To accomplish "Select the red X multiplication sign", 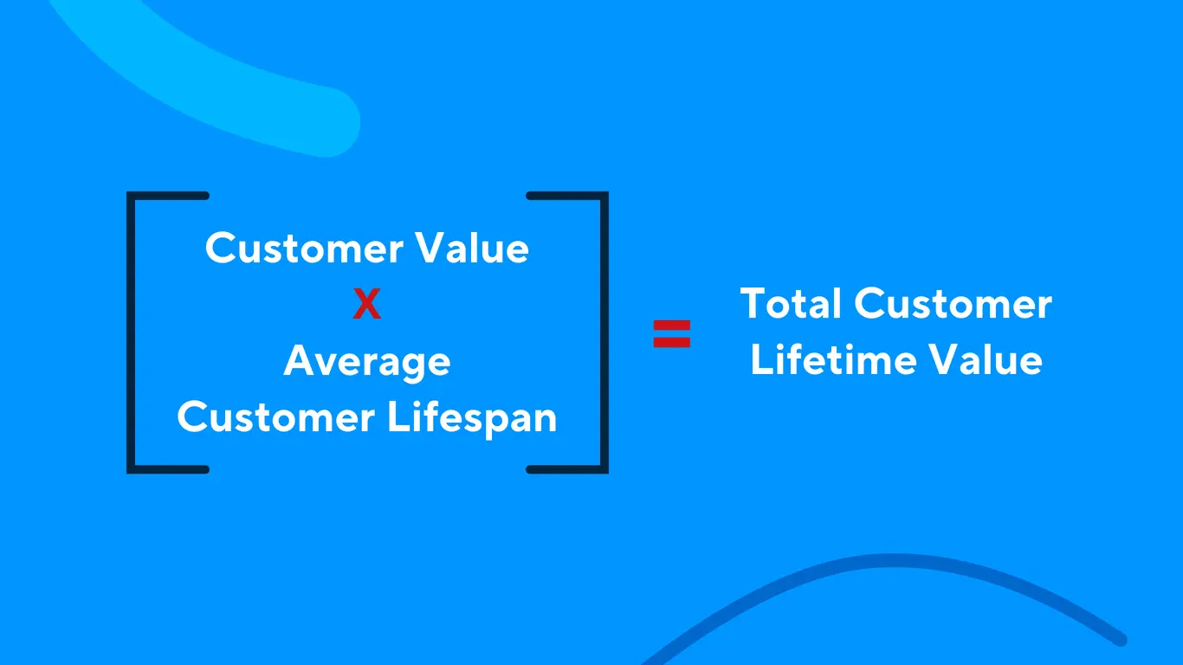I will [366, 305].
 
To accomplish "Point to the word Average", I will [366, 362].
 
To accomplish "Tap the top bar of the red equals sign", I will [671, 326].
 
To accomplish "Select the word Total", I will [792, 305].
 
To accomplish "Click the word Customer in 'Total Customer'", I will [953, 305].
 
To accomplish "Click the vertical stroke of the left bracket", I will [130, 332].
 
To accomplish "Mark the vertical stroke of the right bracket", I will [604, 332].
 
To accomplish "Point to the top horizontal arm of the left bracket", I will [169, 196].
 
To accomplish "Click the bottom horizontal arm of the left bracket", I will [169, 469].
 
